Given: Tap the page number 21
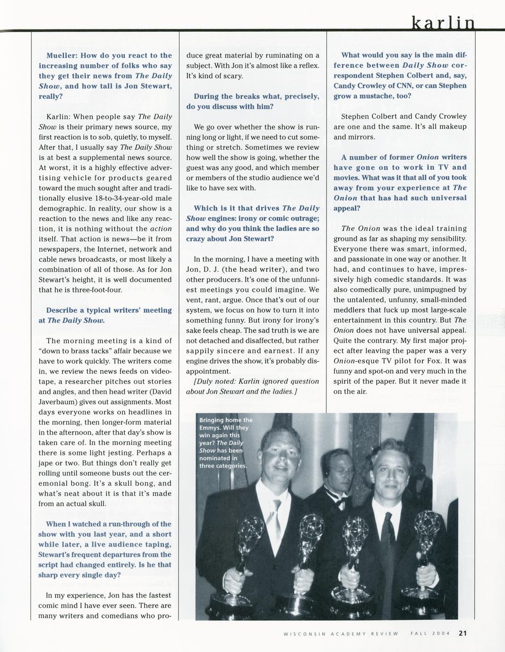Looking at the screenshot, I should coord(462,634).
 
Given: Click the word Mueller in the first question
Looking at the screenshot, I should coord(61,55).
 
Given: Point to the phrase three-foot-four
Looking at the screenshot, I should coord(100,290).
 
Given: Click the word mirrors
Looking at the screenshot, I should coord(360,137).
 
